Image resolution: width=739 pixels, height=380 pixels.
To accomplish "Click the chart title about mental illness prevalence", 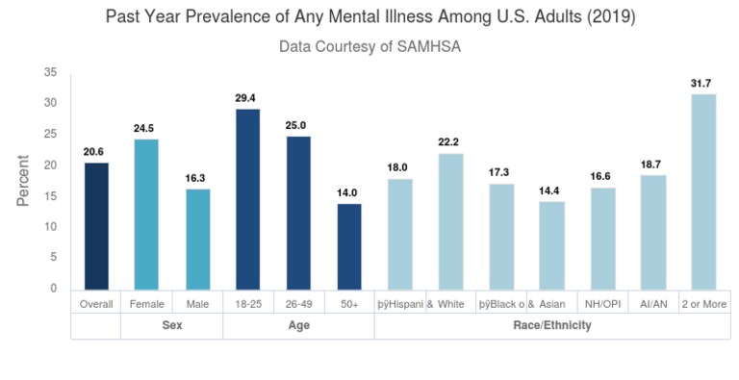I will tap(369, 17).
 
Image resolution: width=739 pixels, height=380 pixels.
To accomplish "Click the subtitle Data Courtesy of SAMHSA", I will tap(369, 46).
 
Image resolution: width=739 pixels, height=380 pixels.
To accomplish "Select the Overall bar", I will tap(96, 226).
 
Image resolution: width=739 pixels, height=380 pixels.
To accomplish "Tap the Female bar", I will tap(146, 214).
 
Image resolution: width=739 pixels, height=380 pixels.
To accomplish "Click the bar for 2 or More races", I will tap(703, 191).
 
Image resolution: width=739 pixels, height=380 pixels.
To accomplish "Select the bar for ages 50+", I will tap(349, 246).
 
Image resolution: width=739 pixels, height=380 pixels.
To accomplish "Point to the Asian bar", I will tap(552, 245).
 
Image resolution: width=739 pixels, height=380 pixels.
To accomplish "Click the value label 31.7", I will tap(703, 83).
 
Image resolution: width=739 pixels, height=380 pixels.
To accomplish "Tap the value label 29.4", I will tap(247, 97).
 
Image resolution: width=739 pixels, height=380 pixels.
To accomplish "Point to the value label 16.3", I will tap(197, 178).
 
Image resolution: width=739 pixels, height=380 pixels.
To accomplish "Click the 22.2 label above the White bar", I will tap(450, 142).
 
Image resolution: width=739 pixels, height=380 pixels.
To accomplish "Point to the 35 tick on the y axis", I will tap(51, 72).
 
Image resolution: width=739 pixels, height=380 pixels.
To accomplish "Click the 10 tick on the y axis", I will tap(51, 227).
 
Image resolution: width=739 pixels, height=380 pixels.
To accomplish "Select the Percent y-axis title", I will tap(23, 181).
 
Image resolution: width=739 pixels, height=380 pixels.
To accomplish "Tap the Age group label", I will tap(298, 326).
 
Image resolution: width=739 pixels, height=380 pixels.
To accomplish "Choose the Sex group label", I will tap(171, 326).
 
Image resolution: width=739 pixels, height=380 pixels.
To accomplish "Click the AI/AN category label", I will tap(653, 303).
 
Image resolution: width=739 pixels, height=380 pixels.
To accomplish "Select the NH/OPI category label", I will tap(602, 303).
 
